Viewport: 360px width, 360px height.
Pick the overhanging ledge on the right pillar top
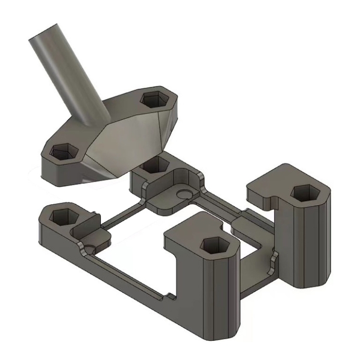pos(262,192)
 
